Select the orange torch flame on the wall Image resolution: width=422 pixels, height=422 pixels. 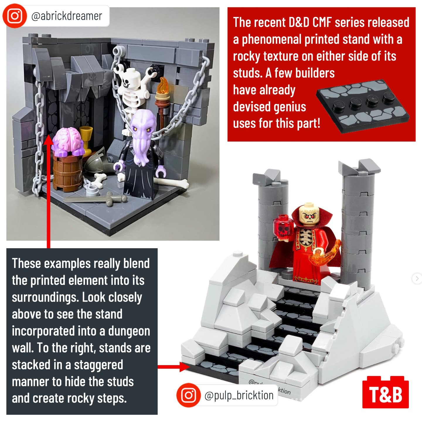(x=162, y=85)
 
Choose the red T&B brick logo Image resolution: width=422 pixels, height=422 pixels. (x=385, y=394)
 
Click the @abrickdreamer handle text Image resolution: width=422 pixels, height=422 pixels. (x=67, y=16)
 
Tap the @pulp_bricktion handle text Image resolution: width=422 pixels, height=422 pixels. (x=239, y=395)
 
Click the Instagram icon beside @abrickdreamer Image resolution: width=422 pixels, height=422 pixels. (x=15, y=16)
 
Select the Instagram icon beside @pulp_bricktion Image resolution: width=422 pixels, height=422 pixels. (x=188, y=395)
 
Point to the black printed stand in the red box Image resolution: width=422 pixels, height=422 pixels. (x=363, y=106)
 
